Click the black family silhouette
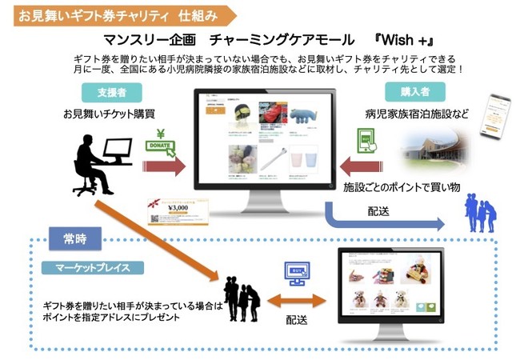pyautogui.click(x=239, y=297)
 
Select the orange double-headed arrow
pyautogui.click(x=296, y=302)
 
